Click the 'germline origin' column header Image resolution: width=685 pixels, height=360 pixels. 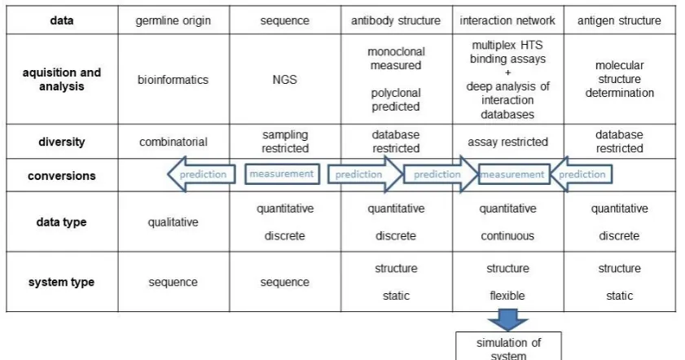173,20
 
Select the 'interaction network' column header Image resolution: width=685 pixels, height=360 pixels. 507,20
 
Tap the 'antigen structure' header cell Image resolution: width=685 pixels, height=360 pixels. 619,20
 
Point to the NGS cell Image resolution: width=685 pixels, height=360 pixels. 285,80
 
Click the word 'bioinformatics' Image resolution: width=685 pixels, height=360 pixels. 173,80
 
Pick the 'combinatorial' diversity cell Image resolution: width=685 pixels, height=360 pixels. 173,142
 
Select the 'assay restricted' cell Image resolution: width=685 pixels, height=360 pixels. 507,142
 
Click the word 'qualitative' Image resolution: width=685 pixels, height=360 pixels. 173,222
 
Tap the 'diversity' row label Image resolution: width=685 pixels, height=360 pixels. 62,142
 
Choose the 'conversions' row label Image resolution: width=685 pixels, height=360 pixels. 62,176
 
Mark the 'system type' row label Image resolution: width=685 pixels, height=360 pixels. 62,283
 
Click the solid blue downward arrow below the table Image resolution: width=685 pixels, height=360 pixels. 507,319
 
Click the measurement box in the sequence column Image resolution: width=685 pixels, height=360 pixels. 282,173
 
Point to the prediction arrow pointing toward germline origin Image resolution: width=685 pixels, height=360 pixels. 201,174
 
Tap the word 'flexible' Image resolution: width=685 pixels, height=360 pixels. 507,296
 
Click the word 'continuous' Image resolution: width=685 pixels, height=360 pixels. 507,236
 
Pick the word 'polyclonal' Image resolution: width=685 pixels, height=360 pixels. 396,93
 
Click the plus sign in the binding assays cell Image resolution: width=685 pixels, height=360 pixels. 507,72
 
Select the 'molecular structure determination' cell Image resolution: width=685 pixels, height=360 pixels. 620,79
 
